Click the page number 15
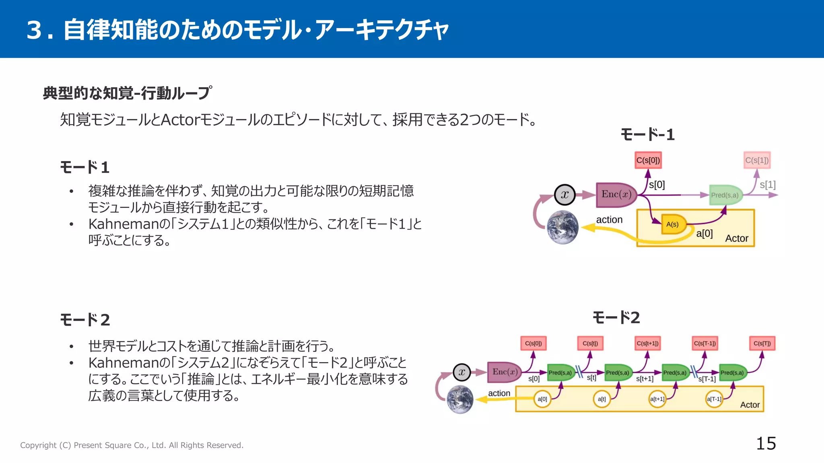tap(766, 443)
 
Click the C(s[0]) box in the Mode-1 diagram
tap(648, 160)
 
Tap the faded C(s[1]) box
tap(757, 160)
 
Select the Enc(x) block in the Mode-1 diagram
tap(616, 195)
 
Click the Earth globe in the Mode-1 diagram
tap(562, 227)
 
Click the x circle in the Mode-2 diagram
tap(461, 372)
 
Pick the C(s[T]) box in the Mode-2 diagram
tap(762, 344)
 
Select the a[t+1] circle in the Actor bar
tap(657, 399)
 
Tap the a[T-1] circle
tap(714, 399)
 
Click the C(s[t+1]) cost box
tap(647, 344)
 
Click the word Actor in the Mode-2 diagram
tap(750, 405)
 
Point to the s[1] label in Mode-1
tap(767, 185)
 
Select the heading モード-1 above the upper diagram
tap(647, 135)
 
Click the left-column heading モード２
tap(85, 320)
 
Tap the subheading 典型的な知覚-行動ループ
tap(127, 93)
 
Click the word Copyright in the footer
tap(38, 445)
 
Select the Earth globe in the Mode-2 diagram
tap(460, 399)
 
